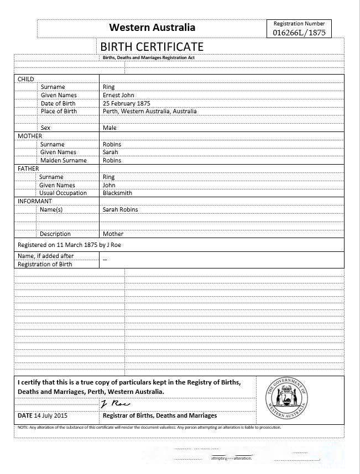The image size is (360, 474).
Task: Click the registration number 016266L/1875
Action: tap(299, 33)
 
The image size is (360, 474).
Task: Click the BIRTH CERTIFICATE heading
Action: tap(152, 46)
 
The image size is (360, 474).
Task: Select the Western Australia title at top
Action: tap(152, 27)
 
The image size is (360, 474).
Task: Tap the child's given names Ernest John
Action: tap(118, 95)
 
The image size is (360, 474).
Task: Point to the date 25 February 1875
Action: tap(127, 103)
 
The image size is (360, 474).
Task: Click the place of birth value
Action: tap(149, 111)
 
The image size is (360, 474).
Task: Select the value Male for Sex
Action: tap(109, 128)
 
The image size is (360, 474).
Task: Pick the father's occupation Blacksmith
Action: tap(117, 193)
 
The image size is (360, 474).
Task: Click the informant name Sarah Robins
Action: tap(121, 209)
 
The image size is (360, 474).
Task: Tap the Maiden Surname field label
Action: tap(63, 160)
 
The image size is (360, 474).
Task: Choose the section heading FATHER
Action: tap(28, 168)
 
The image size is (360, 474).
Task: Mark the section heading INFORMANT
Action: tap(34, 201)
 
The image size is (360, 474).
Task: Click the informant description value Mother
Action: tap(113, 234)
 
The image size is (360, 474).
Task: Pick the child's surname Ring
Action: tap(108, 87)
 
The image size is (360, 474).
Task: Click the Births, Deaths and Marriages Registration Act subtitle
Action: tap(148, 57)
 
